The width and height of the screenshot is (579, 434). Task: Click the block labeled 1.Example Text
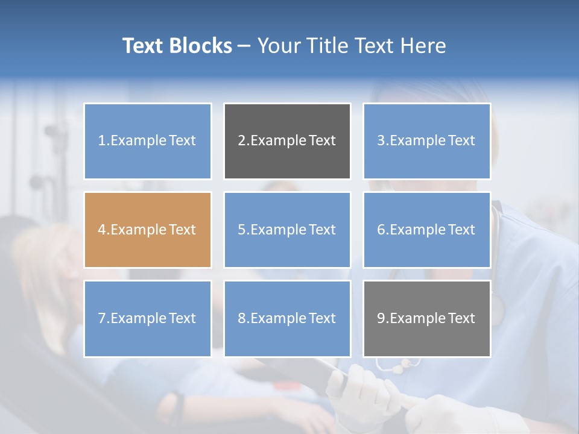(148, 141)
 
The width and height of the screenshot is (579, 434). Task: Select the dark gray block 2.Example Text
(287, 141)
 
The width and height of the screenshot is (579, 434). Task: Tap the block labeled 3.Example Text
(426, 141)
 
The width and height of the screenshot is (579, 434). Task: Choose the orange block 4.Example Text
(148, 230)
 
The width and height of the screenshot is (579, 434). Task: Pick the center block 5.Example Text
(287, 230)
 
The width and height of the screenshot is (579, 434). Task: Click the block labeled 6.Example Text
(426, 230)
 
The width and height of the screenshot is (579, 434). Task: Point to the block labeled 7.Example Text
(148, 318)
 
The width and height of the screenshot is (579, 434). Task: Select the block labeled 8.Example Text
(287, 318)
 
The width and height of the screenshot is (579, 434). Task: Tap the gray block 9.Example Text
(426, 318)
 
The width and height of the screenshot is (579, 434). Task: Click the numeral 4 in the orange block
(102, 230)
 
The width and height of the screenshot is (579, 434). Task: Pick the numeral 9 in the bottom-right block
(381, 318)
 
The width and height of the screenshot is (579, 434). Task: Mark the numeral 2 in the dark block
(241, 141)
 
